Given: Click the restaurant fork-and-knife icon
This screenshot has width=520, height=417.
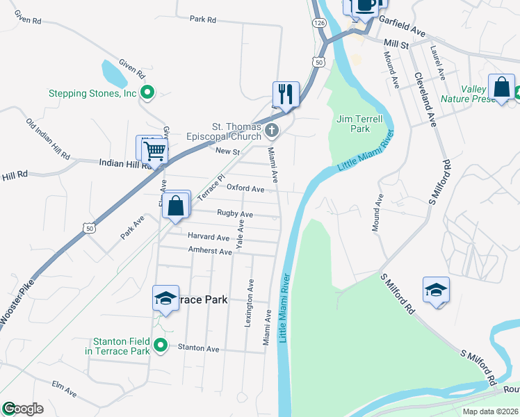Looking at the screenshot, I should point(286,93).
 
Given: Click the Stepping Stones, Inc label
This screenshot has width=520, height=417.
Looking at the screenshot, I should point(92,93).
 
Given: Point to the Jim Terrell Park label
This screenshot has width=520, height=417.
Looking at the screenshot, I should point(359,124).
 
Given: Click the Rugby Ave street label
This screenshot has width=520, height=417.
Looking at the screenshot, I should point(235,214).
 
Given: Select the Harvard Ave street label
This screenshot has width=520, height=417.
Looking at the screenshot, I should point(209,238).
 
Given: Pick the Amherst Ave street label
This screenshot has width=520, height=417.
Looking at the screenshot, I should point(211,252).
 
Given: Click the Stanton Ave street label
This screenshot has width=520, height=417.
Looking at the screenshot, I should point(198,347).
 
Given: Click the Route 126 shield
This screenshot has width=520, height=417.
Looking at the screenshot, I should point(319,23).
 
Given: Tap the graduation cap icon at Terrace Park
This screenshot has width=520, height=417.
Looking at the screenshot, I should point(165,298).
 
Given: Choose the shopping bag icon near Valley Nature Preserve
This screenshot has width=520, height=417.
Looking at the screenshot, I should point(501,88).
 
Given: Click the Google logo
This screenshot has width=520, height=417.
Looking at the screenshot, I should point(23,409).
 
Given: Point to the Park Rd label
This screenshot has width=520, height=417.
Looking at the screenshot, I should point(203,19).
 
